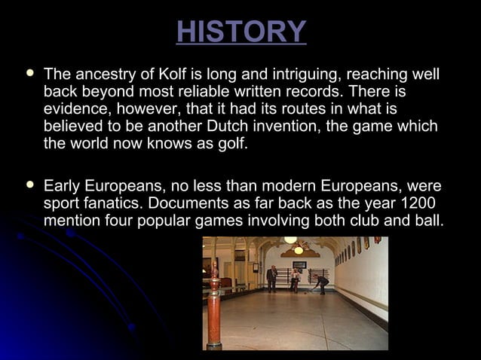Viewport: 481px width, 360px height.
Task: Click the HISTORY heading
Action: click(240, 32)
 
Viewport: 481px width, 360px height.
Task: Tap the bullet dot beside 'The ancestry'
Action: click(29, 75)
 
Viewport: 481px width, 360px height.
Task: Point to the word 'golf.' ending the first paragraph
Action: click(227, 142)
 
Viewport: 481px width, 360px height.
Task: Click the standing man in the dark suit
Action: click(271, 278)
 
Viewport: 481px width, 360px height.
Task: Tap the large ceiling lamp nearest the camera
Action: click(290, 239)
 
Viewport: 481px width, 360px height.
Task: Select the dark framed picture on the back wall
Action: click(299, 265)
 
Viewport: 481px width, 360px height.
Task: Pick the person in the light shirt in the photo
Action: click(295, 279)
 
